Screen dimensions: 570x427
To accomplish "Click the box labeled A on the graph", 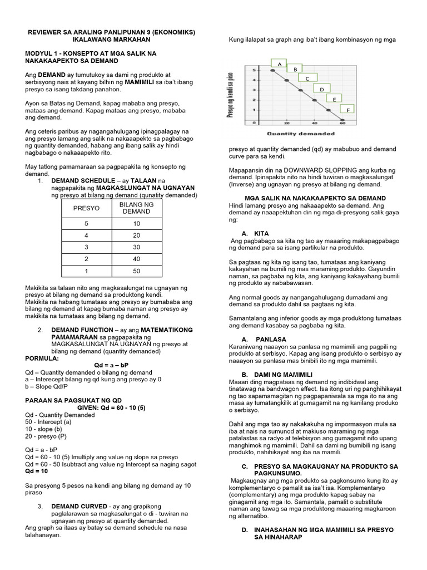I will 279,63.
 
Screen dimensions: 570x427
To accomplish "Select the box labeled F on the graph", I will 348,110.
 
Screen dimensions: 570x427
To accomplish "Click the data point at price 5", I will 272,71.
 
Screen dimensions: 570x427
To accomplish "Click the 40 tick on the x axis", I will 314,124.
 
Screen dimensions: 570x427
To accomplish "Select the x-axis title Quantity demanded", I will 301,134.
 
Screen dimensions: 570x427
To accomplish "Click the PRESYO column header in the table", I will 86,208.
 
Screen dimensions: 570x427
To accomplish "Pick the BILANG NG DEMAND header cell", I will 136,208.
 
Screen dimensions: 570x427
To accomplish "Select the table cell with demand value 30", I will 136,247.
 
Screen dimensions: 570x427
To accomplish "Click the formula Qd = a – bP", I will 109,365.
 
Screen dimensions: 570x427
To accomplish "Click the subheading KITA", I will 261,233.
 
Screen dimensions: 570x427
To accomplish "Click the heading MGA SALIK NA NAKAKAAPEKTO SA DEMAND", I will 315,198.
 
